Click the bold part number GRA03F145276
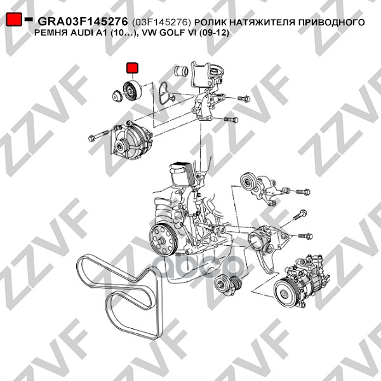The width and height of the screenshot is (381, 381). pyautogui.click(x=83, y=22)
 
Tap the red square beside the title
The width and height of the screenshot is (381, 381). pyautogui.click(x=14, y=19)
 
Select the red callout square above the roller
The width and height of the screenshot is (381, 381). pyautogui.click(x=133, y=68)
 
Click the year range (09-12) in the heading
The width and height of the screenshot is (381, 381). pyautogui.click(x=214, y=33)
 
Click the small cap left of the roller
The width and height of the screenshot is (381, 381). pyautogui.click(x=117, y=96)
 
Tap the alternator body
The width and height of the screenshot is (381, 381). pyautogui.click(x=131, y=140)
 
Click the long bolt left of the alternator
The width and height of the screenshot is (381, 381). pyautogui.click(x=98, y=135)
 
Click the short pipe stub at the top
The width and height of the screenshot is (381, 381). pyautogui.click(x=181, y=71)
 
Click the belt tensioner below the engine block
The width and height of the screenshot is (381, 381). pyautogui.click(x=228, y=285)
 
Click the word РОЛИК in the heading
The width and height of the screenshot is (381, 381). pyautogui.click(x=211, y=22)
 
